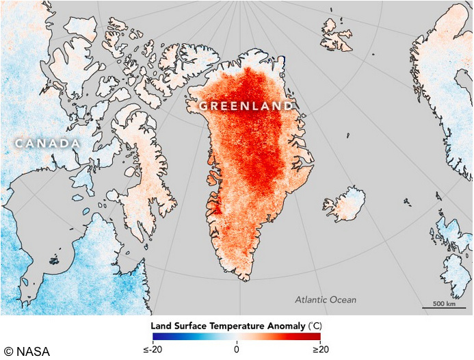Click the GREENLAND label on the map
(x=246, y=106)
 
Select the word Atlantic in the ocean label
(x=315, y=300)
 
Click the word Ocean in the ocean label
(x=344, y=300)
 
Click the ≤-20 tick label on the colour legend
(x=153, y=349)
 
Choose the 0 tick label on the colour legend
(x=237, y=349)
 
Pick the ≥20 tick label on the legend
(x=320, y=349)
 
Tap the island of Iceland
(x=345, y=203)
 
